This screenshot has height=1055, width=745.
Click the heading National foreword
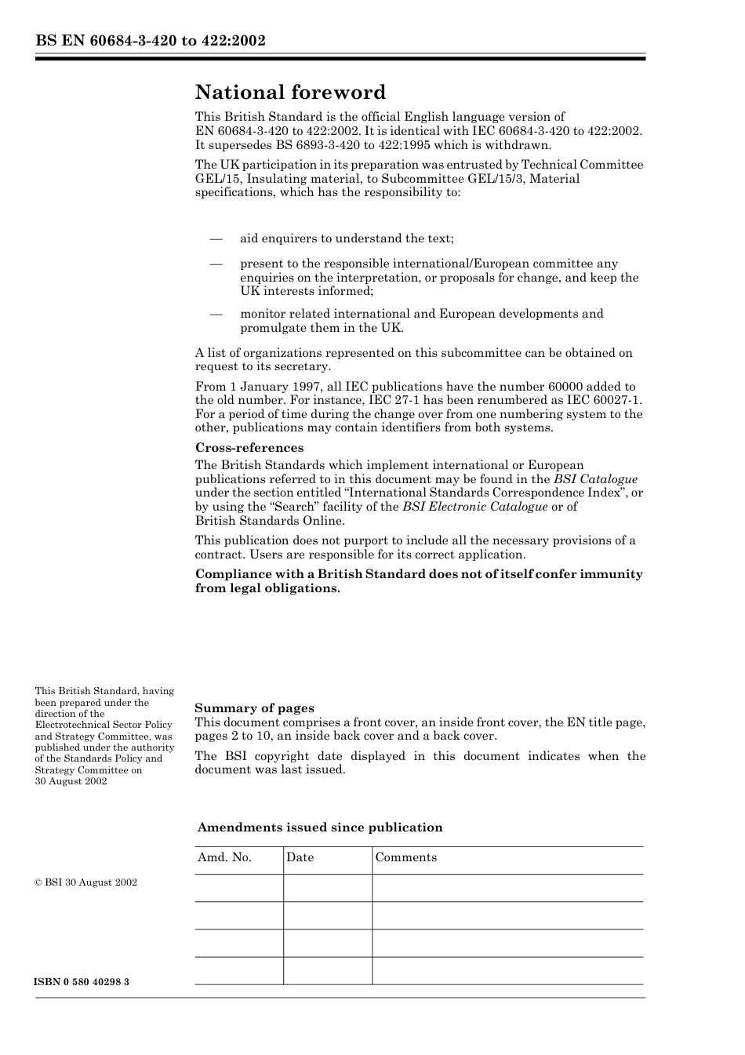pyautogui.click(x=290, y=93)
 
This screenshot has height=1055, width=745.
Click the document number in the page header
pyautogui.click(x=150, y=41)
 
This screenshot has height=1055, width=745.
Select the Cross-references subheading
pyautogui.click(x=249, y=448)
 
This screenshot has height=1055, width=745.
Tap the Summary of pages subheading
pyautogui.click(x=254, y=708)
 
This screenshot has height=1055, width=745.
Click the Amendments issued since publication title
pyautogui.click(x=320, y=828)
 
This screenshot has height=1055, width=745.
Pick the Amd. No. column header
pyautogui.click(x=224, y=857)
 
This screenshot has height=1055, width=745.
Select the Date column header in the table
pyautogui.click(x=300, y=857)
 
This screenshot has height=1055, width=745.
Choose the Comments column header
pyautogui.click(x=405, y=857)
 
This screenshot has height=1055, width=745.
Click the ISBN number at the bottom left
pyautogui.click(x=82, y=982)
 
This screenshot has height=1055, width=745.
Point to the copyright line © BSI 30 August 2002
pyautogui.click(x=85, y=882)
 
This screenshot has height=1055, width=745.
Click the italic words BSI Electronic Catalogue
pyautogui.click(x=474, y=507)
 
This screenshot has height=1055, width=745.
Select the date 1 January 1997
pyautogui.click(x=272, y=387)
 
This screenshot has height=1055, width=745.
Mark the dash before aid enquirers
pyautogui.click(x=216, y=238)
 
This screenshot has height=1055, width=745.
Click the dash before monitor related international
pyautogui.click(x=216, y=314)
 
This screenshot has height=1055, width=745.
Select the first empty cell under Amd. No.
pyautogui.click(x=238, y=888)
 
